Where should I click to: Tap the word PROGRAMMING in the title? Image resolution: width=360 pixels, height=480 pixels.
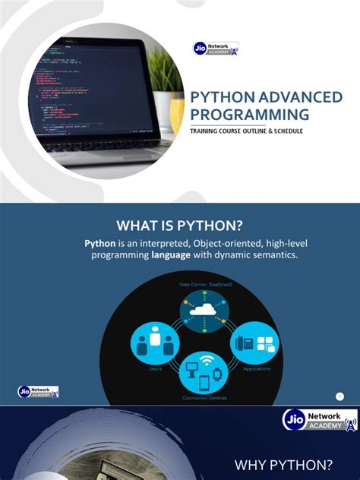(249, 115)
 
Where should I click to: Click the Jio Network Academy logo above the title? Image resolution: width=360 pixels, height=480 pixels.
(216, 49)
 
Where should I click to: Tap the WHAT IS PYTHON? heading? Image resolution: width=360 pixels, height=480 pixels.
(179, 225)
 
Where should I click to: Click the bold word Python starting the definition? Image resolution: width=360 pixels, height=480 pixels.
(99, 243)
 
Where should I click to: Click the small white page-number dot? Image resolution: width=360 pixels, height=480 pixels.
(339, 396)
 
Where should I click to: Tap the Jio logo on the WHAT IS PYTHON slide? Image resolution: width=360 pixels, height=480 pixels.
(38, 392)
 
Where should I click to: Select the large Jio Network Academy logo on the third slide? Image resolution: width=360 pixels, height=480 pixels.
(319, 421)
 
